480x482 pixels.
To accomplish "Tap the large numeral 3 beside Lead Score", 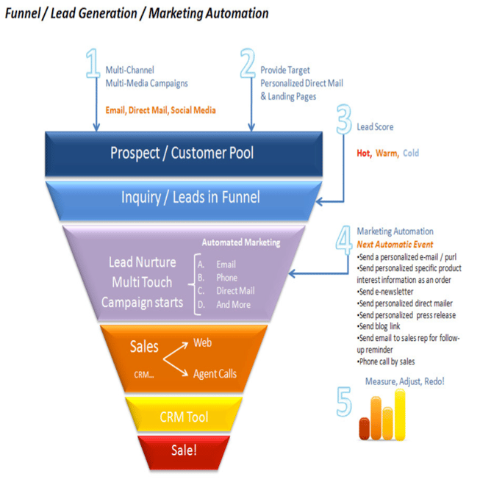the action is coord(344,119).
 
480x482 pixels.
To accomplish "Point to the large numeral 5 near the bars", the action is coord(344,401).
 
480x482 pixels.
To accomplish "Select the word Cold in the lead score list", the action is coord(411,153).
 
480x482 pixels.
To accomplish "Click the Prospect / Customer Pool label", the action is coord(182,153).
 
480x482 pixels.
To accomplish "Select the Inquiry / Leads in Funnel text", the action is coord(190,198).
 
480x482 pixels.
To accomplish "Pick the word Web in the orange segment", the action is coord(203,342).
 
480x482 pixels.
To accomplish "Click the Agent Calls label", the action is coord(215,374).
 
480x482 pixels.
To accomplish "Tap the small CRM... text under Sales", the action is coord(144,375).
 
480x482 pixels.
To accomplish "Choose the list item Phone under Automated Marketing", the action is coord(227,278).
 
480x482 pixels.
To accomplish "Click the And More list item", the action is coord(234,305).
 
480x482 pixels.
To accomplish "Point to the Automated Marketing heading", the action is coord(241,242).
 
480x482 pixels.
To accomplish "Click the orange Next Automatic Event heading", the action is coord(395,245).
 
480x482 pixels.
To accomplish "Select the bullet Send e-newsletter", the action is coord(385,292).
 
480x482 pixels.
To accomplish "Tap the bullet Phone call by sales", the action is coord(386,361).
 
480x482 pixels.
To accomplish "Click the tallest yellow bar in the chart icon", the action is coord(400,414).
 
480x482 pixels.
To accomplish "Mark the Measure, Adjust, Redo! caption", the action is coord(405,381).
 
